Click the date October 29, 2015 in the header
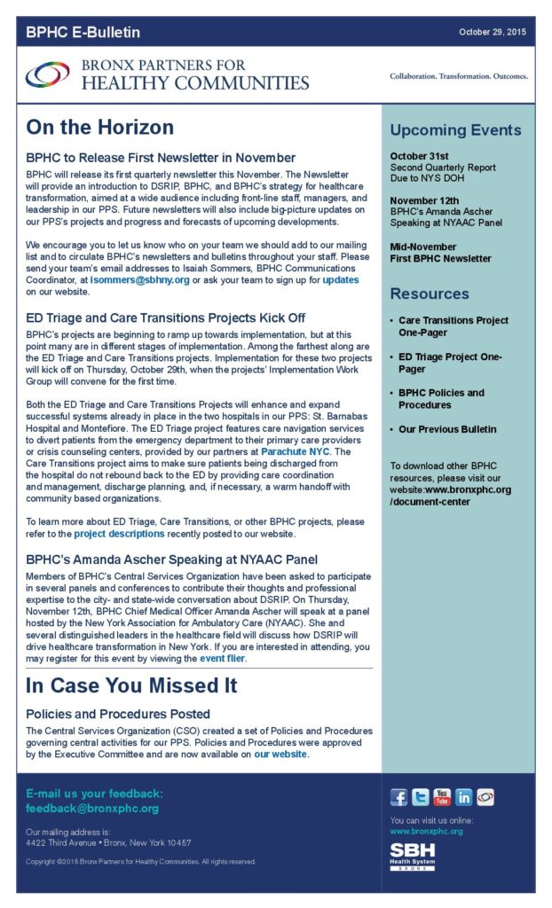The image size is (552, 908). click(x=493, y=32)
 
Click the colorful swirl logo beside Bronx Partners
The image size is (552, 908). click(x=48, y=75)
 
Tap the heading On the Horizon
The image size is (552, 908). click(x=99, y=128)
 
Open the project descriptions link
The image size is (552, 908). click(x=119, y=534)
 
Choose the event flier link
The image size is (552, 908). click(x=222, y=659)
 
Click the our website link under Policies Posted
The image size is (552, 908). click(x=280, y=754)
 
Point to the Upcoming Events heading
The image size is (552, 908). click(x=455, y=130)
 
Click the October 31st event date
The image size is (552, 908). click(x=415, y=156)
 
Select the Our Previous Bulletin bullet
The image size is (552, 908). click(x=447, y=429)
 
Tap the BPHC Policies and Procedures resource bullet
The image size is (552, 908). click(x=441, y=399)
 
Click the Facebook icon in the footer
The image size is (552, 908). click(x=399, y=796)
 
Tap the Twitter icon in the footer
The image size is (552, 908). click(x=421, y=796)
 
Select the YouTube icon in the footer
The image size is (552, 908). click(x=442, y=796)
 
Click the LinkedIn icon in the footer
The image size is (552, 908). click(x=464, y=796)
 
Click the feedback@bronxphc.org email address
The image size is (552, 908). click(x=92, y=809)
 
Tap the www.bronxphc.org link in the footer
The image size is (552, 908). click(x=426, y=831)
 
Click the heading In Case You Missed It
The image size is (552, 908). click(x=130, y=685)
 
